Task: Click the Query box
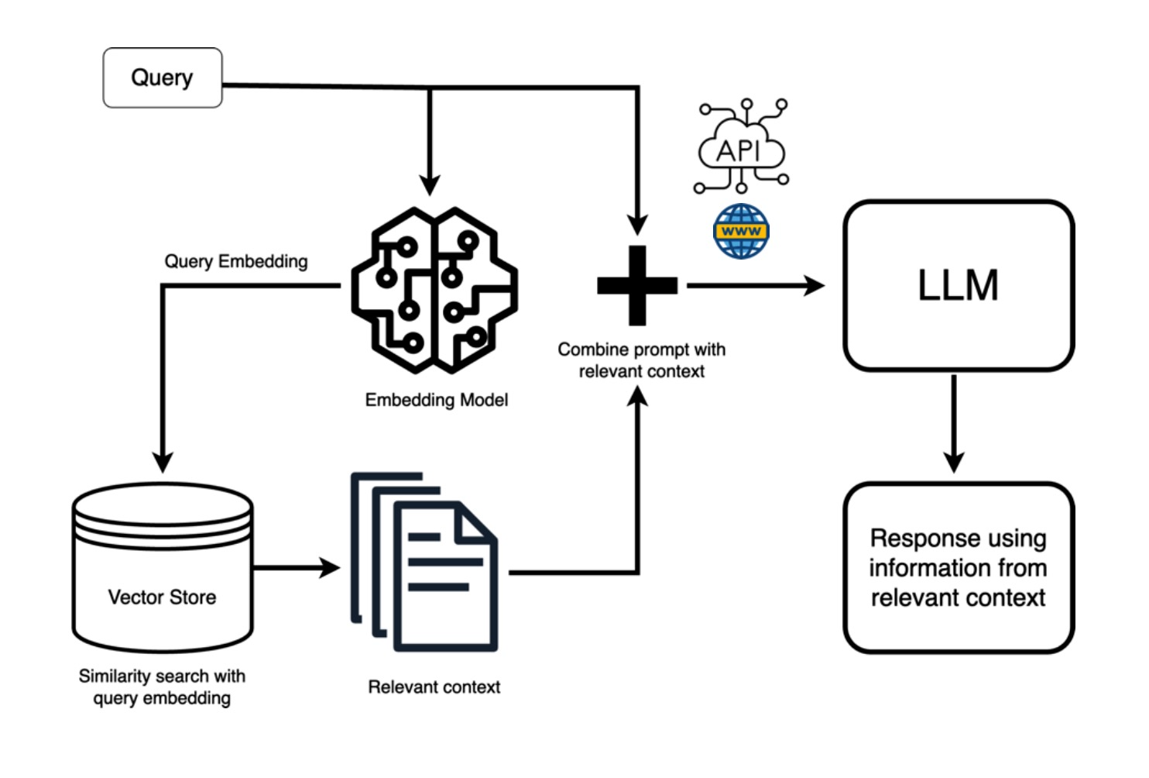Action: click(x=163, y=77)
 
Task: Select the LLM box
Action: click(x=959, y=286)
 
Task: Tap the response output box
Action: click(x=959, y=568)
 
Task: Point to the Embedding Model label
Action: click(x=437, y=400)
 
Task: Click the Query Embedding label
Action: click(x=236, y=262)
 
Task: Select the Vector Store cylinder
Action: click(x=163, y=568)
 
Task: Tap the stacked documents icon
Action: click(x=424, y=562)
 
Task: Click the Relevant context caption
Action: click(x=434, y=687)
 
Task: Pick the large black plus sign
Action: click(x=637, y=286)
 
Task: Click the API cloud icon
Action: click(x=742, y=146)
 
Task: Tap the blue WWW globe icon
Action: click(x=741, y=232)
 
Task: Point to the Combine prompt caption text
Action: click(x=642, y=360)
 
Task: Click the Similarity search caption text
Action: click(x=162, y=687)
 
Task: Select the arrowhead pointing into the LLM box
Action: click(x=815, y=286)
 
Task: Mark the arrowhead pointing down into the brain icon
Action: click(x=430, y=185)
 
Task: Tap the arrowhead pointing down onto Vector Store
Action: click(x=163, y=462)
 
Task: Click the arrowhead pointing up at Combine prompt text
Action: click(x=637, y=396)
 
